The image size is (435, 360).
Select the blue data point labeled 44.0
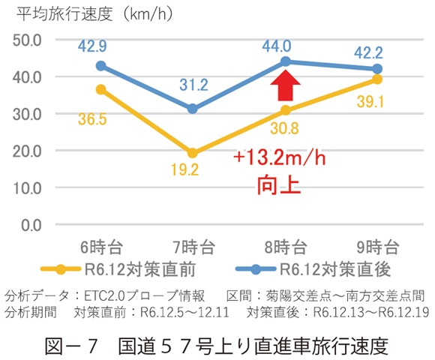(285, 61)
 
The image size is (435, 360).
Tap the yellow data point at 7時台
(193, 153)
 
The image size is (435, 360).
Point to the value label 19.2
(193, 171)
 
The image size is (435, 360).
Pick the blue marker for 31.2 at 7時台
(193, 109)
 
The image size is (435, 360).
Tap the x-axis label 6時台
(100, 246)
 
